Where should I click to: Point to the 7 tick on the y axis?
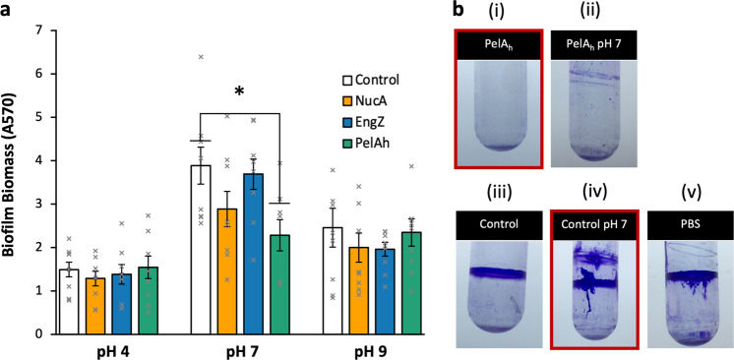(38, 30)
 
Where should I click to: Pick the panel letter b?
(456, 12)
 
